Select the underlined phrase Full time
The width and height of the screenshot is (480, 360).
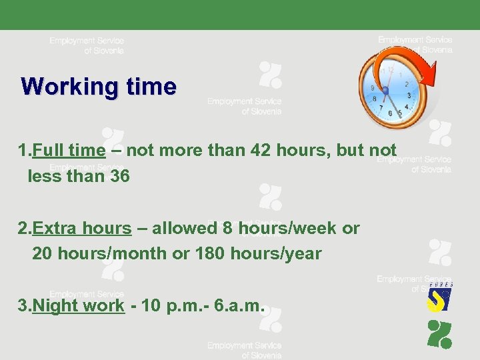[69, 151]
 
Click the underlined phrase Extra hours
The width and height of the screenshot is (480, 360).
[81, 229]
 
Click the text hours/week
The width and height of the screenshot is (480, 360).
[287, 229]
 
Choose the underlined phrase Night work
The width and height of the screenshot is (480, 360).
[79, 306]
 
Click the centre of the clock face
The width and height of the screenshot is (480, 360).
[385, 90]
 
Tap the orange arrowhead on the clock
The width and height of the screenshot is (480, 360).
[431, 71]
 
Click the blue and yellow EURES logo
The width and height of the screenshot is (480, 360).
[439, 297]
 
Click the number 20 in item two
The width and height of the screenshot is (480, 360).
[43, 254]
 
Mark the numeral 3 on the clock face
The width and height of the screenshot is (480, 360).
[409, 96]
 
